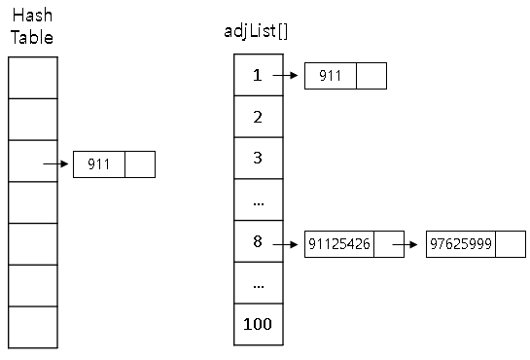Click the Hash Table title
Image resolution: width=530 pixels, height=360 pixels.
(32, 26)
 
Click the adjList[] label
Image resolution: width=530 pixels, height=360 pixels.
(256, 31)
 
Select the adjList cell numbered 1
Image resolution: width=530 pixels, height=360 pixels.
(259, 75)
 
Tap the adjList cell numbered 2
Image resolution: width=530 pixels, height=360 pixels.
(259, 117)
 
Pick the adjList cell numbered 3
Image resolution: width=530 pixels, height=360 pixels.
(259, 159)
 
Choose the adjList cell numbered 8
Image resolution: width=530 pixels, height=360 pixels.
(259, 241)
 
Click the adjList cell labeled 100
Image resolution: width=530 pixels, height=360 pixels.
(259, 324)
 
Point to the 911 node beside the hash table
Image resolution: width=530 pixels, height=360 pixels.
(114, 164)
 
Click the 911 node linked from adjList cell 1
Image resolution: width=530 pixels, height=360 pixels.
(345, 76)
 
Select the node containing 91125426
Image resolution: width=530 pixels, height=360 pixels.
(354, 244)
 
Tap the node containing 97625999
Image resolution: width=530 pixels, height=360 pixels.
(476, 244)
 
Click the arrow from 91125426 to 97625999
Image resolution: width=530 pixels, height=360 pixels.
(405, 244)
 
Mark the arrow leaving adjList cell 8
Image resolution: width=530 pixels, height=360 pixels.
(285, 244)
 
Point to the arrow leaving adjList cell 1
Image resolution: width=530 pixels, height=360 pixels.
(285, 75)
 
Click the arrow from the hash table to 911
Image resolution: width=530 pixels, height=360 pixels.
(55, 163)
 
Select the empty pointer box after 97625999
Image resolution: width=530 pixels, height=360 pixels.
(511, 244)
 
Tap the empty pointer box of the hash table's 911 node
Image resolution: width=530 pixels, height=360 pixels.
(140, 164)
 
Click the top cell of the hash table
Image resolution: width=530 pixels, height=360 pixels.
(33, 78)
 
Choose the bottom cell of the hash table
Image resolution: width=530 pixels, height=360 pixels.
(33, 327)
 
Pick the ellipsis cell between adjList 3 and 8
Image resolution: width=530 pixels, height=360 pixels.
(259, 199)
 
